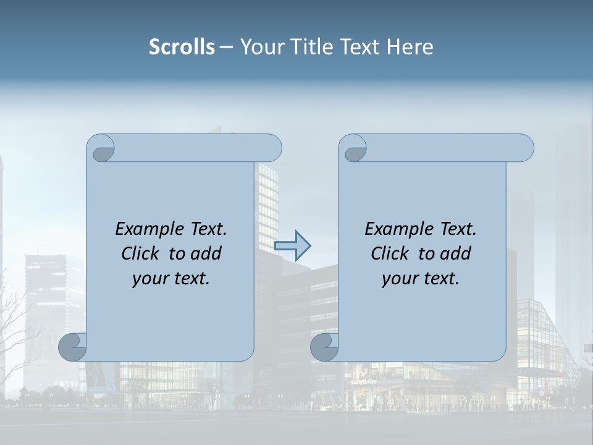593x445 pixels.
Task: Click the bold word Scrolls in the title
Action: click(182, 47)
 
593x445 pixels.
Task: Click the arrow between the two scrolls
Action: click(292, 246)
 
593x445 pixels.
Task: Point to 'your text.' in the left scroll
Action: click(171, 279)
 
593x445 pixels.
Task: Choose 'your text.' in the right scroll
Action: click(421, 279)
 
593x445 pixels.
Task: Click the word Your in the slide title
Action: click(261, 47)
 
